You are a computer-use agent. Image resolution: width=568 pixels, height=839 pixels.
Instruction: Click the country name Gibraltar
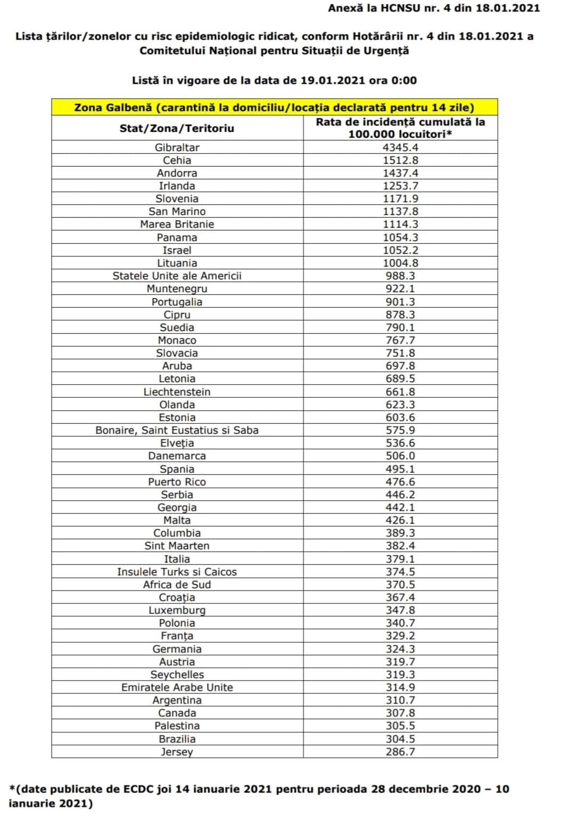click(x=177, y=147)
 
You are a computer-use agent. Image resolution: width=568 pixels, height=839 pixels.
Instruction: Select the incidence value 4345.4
click(x=400, y=147)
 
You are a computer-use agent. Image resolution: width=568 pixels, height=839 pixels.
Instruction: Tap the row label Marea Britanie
click(x=177, y=224)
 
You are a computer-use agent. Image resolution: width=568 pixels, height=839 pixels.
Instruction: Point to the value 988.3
click(x=400, y=276)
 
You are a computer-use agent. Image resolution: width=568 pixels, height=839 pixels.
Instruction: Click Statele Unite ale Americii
click(x=177, y=276)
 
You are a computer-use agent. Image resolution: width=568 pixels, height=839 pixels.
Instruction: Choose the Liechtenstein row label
click(x=177, y=392)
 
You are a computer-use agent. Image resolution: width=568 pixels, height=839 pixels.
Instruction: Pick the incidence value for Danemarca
click(x=400, y=456)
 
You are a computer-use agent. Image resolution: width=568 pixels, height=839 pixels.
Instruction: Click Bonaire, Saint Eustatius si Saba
click(x=177, y=430)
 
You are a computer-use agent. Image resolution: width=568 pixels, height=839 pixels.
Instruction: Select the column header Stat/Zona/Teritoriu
click(x=177, y=128)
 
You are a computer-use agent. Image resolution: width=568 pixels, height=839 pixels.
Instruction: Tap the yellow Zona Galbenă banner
click(x=274, y=107)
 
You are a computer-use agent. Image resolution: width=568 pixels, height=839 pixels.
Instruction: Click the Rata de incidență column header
click(x=400, y=128)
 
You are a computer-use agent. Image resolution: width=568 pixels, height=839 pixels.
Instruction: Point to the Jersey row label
click(x=177, y=752)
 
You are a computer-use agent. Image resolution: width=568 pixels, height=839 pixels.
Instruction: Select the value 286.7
click(x=400, y=752)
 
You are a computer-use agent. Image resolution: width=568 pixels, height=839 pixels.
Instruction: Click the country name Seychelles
click(x=177, y=675)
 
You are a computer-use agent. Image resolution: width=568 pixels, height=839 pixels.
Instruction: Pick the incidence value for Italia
click(x=400, y=559)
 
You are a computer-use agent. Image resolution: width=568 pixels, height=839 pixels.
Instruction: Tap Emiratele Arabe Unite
click(x=177, y=687)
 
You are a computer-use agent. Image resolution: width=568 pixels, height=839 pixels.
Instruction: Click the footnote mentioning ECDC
click(x=259, y=796)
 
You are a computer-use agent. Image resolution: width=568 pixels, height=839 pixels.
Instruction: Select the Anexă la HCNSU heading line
click(x=433, y=8)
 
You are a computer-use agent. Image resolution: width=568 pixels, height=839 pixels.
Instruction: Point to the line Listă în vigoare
click(x=274, y=80)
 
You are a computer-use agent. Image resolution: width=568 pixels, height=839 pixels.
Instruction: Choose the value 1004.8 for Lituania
click(x=400, y=263)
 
